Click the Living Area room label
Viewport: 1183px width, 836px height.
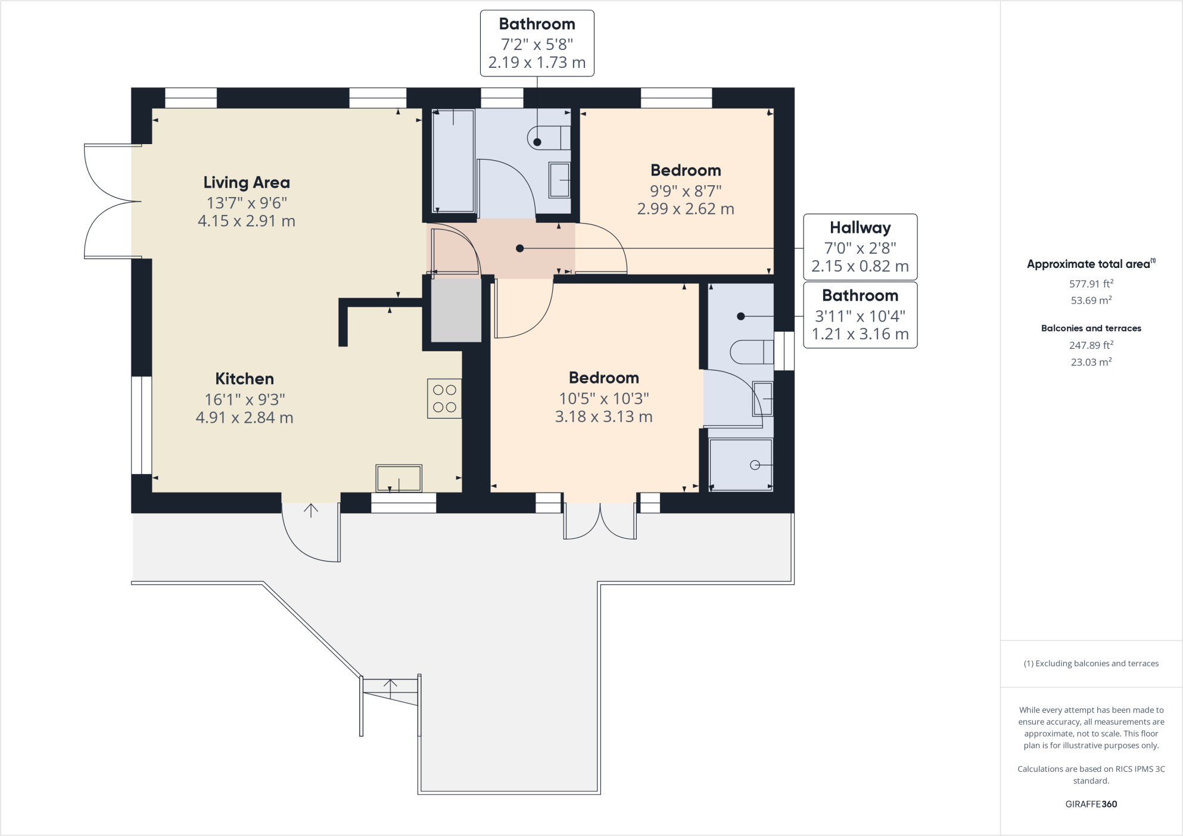(247, 182)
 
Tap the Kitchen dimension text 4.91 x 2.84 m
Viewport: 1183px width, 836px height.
(244, 418)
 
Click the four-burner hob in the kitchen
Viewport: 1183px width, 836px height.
(444, 398)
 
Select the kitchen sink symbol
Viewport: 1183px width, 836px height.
(399, 478)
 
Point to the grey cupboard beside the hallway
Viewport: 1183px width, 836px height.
(456, 310)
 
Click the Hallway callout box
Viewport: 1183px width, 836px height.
(860, 247)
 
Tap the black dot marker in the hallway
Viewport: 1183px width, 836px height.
(520, 248)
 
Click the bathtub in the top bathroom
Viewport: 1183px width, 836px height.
(453, 161)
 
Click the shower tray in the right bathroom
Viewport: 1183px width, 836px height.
(740, 465)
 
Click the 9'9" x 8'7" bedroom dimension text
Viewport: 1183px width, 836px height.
(686, 191)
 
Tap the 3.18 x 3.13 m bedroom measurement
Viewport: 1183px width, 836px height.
(603, 417)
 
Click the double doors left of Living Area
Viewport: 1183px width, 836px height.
(110, 201)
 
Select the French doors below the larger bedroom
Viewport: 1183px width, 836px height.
(600, 521)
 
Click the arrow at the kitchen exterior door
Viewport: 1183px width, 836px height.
(311, 510)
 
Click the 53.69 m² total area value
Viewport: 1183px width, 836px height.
(1091, 301)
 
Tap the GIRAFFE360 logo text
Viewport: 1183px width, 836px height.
(1091, 804)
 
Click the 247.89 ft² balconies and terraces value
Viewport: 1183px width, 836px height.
(1091, 345)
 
